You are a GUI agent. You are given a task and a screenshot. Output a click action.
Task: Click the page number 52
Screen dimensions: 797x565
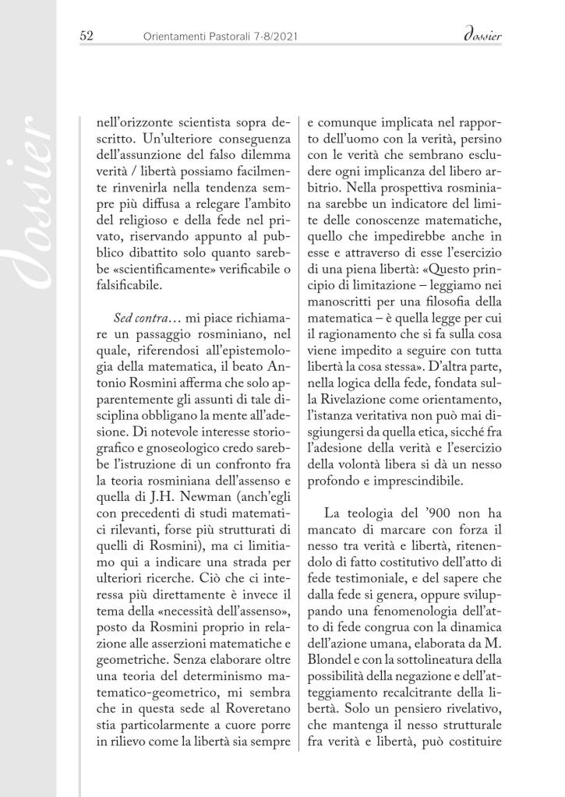[87, 36]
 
